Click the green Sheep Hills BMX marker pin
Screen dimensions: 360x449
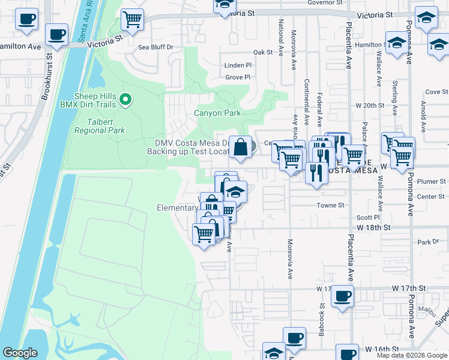(125, 100)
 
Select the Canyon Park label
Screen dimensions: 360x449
(217, 113)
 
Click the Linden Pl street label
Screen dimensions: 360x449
(238, 65)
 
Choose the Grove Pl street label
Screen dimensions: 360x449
(238, 77)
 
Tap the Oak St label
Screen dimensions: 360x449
(263, 53)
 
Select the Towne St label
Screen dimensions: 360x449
(331, 205)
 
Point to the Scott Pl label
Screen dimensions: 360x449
(369, 218)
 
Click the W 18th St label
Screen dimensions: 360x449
(373, 228)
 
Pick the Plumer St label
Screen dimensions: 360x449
(432, 181)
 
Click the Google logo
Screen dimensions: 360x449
(20, 353)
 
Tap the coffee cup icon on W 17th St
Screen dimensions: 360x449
(343, 296)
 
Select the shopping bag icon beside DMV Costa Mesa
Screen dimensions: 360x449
(240, 148)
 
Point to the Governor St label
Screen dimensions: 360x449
(324, 2)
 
